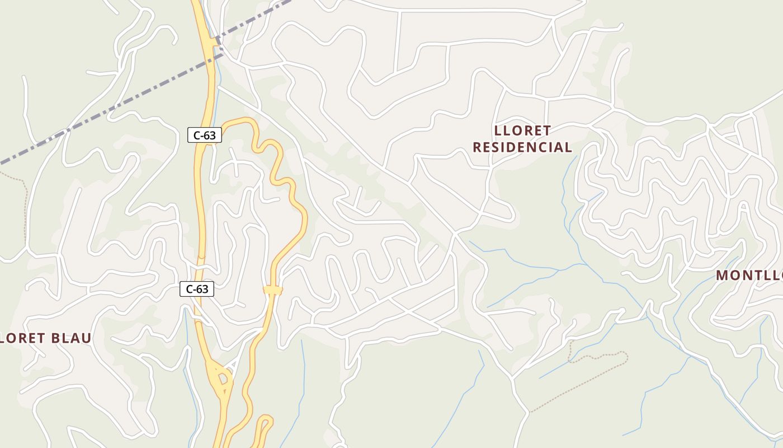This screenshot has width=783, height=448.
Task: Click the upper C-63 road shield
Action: (205, 134)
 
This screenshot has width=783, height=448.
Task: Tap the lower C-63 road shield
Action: (197, 289)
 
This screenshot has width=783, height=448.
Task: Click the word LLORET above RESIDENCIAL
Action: (523, 130)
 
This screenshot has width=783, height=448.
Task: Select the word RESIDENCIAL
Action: (522, 147)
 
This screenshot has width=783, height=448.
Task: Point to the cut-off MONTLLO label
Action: (749, 276)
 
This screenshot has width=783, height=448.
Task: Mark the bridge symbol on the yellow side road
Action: (273, 290)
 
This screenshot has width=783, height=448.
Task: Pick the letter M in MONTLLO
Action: (722, 276)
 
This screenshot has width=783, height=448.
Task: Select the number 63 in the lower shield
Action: (202, 289)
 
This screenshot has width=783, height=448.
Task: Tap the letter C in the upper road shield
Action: (197, 134)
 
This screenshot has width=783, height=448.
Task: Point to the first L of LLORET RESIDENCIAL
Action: (498, 130)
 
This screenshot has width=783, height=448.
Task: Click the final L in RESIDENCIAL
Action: (568, 147)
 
